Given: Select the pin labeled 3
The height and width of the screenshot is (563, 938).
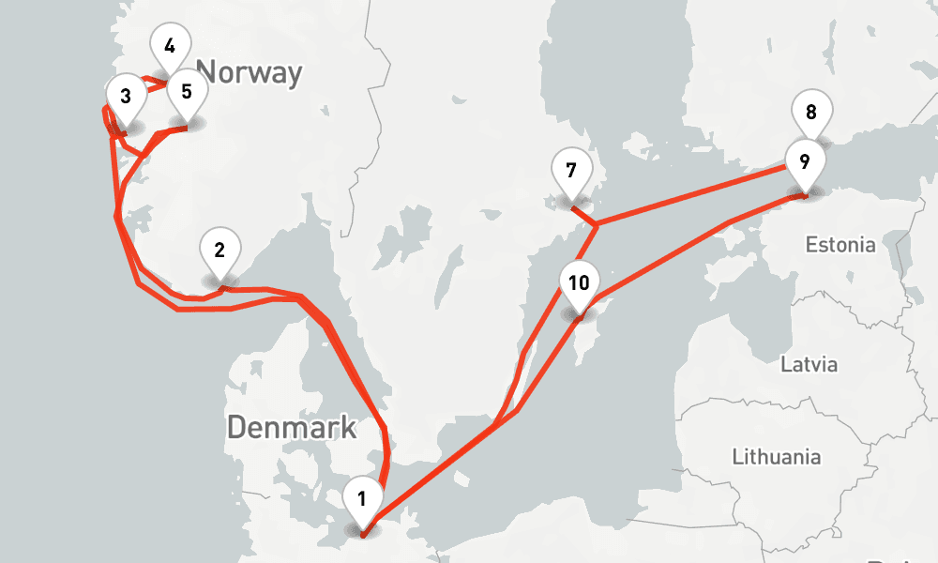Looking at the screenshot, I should coord(126,98).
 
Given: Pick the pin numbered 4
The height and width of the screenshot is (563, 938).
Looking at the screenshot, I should coord(170,48).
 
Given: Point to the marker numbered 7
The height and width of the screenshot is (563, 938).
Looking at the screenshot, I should coord(570,174).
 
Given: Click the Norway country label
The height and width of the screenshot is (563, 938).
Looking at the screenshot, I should coord(250,72).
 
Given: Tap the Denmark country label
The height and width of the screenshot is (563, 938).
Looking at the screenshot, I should coord(292,427).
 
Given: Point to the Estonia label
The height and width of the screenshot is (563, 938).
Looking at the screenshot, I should coord(840,245).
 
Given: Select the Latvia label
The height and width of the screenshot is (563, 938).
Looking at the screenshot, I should coord(809,364).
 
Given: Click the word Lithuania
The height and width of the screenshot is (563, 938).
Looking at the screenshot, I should coord(777,457).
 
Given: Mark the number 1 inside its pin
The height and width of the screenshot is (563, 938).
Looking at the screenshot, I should coord(362,496).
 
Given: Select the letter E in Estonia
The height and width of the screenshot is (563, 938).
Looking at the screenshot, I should coord(811,245).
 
